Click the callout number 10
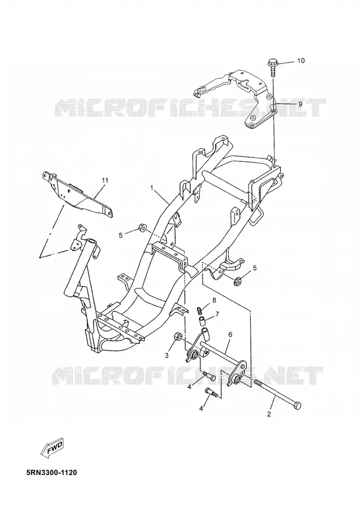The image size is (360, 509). (301, 61)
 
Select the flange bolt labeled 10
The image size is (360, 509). (272, 67)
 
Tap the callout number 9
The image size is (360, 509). (300, 104)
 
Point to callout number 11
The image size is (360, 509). (105, 180)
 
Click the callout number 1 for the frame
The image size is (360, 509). (151, 188)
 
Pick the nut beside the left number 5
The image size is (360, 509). (142, 228)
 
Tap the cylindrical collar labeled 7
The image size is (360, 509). (202, 323)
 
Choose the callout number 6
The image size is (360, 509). (230, 334)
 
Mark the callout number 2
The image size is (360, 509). (269, 414)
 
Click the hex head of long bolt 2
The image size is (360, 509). (297, 405)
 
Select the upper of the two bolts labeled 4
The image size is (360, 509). (209, 376)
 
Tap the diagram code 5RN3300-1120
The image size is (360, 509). (52, 472)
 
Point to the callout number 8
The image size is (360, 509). (214, 300)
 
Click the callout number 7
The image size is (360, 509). (217, 314)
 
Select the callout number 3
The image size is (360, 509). (166, 356)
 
